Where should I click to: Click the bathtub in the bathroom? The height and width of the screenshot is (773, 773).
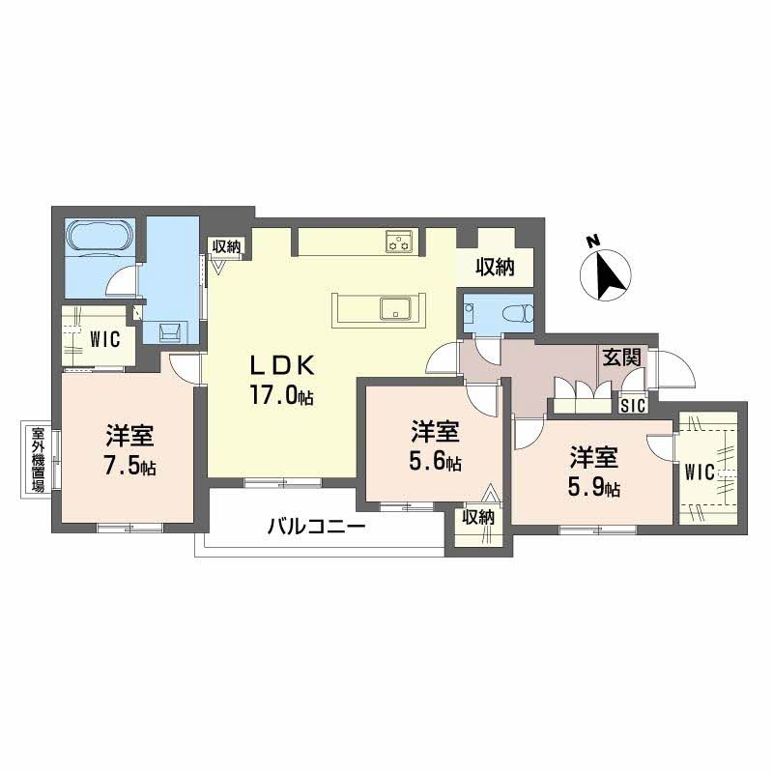pyautogui.click(x=101, y=236)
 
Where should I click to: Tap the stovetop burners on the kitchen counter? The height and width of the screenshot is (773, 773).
pyautogui.click(x=401, y=241)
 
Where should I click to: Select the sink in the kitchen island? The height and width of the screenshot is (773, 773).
pyautogui.click(x=396, y=309)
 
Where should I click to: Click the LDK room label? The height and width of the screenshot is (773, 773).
pyautogui.click(x=282, y=366)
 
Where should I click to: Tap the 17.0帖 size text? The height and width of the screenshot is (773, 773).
pyautogui.click(x=282, y=395)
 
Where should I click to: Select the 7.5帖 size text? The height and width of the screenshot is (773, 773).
pyautogui.click(x=129, y=466)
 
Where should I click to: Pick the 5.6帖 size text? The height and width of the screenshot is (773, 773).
pyautogui.click(x=436, y=461)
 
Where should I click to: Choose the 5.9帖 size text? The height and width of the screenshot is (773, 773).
pyautogui.click(x=594, y=487)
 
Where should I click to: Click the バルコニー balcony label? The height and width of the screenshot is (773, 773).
pyautogui.click(x=317, y=527)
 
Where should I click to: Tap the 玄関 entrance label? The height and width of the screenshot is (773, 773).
pyautogui.click(x=621, y=358)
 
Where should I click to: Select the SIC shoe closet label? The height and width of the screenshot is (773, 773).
pyautogui.click(x=633, y=406)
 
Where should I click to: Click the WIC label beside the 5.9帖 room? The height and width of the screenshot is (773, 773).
pyautogui.click(x=700, y=472)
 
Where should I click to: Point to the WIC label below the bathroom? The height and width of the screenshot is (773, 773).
pyautogui.click(x=104, y=339)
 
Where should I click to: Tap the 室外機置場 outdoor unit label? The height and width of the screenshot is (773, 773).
pyautogui.click(x=38, y=460)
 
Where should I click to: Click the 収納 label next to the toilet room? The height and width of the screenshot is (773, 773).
pyautogui.click(x=495, y=267)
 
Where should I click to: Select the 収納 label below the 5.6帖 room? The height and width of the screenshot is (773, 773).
pyautogui.click(x=478, y=517)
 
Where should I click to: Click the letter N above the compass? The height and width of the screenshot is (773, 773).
pyautogui.click(x=593, y=241)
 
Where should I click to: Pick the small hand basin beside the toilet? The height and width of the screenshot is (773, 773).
pyautogui.click(x=469, y=312)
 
